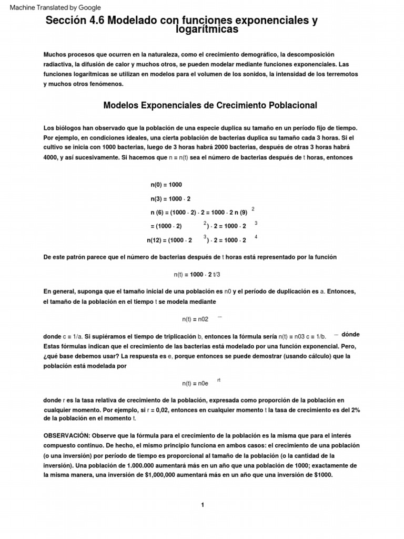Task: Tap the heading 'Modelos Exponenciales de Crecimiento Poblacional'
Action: (210, 105)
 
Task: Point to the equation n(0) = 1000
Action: (166, 185)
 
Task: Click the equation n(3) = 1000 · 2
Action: (170, 198)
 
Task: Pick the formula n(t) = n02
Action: (195, 319)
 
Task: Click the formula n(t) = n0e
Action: (195, 384)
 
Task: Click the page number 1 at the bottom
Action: (202, 505)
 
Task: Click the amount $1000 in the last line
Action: (322, 475)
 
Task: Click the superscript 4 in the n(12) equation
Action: (256, 236)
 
